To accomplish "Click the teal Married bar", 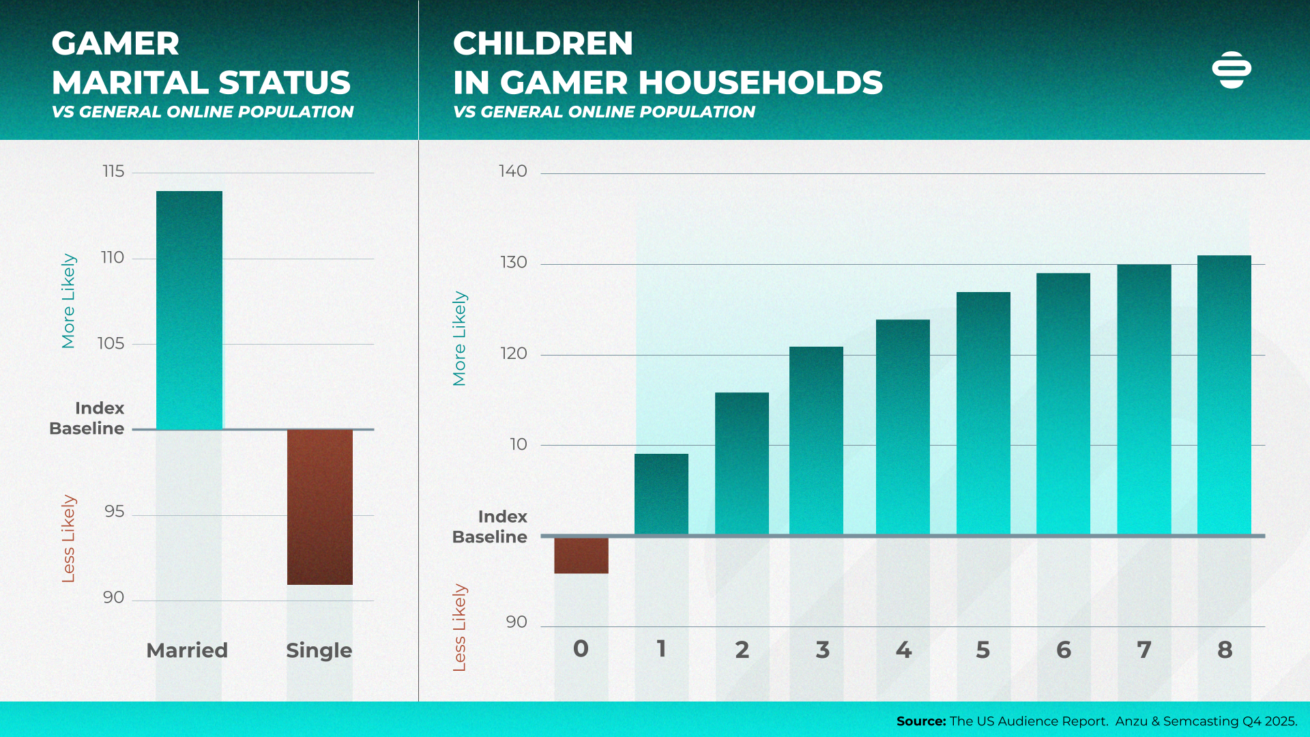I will [x=189, y=310].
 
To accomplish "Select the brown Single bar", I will [x=319, y=506].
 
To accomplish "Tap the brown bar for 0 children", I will [x=581, y=555].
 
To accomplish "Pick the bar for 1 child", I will [x=661, y=494].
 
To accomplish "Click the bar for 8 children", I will [x=1224, y=394].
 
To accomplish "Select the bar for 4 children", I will [x=903, y=427].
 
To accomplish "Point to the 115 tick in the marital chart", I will [x=113, y=171].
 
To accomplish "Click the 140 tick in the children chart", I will [x=513, y=171].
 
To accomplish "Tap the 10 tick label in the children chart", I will [x=519, y=444].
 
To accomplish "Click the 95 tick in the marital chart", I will [x=114, y=512].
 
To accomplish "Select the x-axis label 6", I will [x=1063, y=650].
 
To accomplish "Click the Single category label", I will [x=319, y=650].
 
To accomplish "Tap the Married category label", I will [x=187, y=650].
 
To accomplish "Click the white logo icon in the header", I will [x=1232, y=70].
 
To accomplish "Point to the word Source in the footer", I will [x=920, y=721].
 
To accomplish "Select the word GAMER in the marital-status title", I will [x=115, y=44].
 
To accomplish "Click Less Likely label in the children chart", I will [x=459, y=627].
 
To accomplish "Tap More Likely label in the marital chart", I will [x=68, y=301].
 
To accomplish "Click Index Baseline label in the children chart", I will [x=490, y=527].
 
